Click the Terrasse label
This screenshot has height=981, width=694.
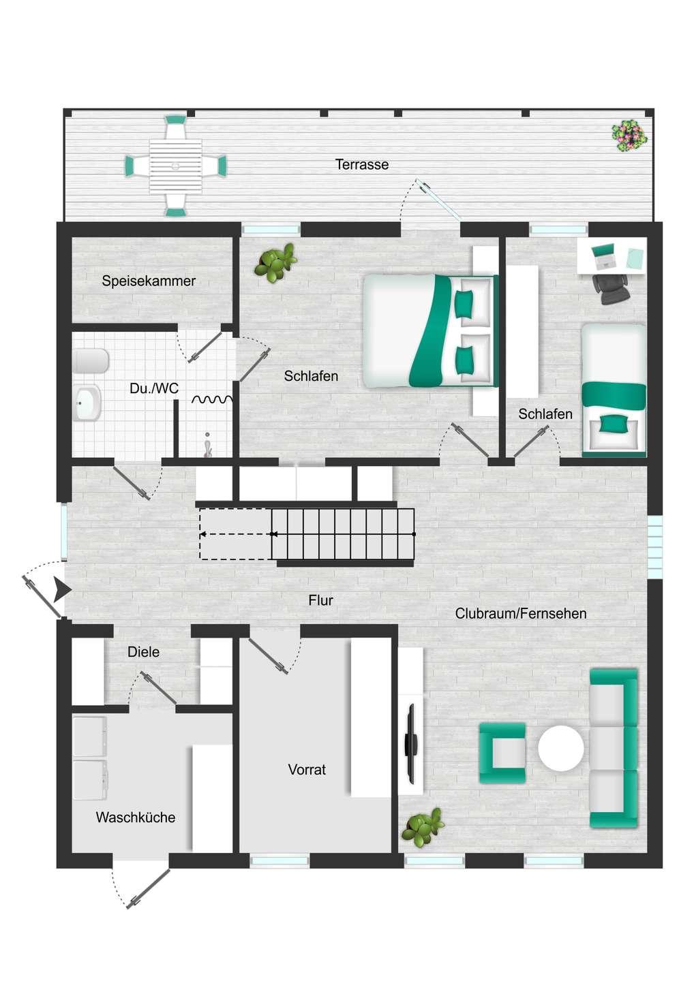point(361,164)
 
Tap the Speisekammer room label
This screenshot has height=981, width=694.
point(149,281)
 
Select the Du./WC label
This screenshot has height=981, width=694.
point(154,388)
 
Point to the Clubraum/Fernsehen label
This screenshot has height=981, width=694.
point(521,613)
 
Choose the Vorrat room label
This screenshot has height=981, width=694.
point(307,769)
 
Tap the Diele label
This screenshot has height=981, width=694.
point(143,652)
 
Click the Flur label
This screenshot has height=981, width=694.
point(320,599)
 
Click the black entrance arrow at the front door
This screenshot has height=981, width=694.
point(62,591)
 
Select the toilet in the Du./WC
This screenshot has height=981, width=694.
point(90,361)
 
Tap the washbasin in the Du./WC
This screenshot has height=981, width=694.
point(87,403)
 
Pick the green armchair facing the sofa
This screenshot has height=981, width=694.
point(502,753)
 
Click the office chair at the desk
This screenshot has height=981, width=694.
point(612,289)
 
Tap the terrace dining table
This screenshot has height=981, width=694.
point(175,166)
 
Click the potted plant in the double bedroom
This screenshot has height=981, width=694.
point(275,263)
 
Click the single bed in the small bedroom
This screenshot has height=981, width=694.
point(614,390)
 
